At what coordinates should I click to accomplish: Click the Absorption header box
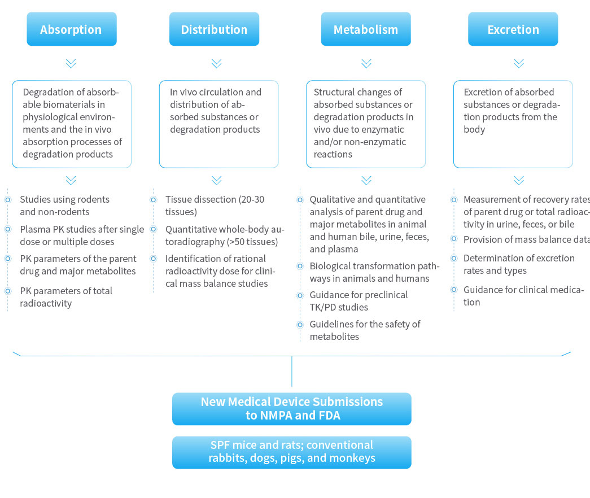[x=71, y=29]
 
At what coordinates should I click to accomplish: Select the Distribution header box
[x=214, y=29]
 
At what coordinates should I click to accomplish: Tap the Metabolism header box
[x=366, y=29]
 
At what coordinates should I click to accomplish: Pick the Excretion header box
[x=513, y=29]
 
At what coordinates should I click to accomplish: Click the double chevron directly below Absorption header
[x=71, y=63]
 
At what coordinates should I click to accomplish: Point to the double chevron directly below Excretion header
[x=519, y=63]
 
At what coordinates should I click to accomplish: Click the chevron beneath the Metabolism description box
[x=366, y=180]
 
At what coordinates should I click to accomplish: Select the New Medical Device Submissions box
[x=291, y=409]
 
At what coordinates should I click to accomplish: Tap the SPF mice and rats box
[x=291, y=452]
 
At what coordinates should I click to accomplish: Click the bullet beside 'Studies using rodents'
[x=8, y=200]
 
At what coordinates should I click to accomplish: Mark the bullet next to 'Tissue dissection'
[x=153, y=200]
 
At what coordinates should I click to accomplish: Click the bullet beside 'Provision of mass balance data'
[x=454, y=239]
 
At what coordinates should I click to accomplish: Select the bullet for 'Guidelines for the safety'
[x=300, y=325]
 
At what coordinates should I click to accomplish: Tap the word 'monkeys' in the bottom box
[x=352, y=458]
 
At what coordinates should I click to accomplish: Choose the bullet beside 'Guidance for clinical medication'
[x=454, y=290]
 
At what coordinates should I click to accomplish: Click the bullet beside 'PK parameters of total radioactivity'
[x=8, y=291]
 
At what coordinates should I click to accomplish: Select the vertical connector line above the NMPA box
[x=291, y=373]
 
